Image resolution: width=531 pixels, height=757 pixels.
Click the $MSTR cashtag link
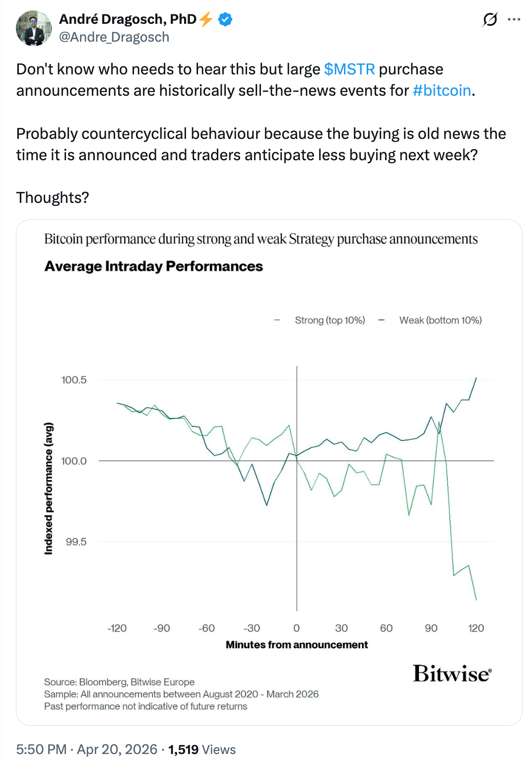(349, 69)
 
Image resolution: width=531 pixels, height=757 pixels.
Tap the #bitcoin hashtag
(442, 90)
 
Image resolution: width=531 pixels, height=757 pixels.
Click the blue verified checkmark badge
(226, 19)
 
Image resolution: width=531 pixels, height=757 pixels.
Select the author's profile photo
(34, 28)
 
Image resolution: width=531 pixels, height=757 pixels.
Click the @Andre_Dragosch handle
(114, 37)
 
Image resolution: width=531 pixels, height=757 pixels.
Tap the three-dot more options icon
(514, 19)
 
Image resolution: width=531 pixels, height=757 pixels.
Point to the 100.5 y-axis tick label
(74, 380)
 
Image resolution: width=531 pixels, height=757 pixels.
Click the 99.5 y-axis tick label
(76, 542)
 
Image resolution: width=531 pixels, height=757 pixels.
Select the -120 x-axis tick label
(117, 628)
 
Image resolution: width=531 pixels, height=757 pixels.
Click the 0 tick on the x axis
(297, 628)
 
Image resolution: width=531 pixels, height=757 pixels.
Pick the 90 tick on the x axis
(431, 628)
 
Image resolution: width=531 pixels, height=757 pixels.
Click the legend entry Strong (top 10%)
(330, 320)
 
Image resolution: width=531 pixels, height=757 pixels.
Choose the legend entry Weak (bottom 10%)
(440, 320)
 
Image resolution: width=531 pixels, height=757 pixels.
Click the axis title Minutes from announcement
(297, 645)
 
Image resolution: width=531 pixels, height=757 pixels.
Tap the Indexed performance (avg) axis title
(49, 488)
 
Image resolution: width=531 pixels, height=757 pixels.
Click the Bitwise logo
(452, 674)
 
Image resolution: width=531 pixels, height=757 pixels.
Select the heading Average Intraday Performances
(154, 266)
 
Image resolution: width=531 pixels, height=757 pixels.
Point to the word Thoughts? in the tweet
(53, 197)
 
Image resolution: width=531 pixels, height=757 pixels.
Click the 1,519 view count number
(183, 749)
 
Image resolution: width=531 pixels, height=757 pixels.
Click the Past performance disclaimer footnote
(145, 706)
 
